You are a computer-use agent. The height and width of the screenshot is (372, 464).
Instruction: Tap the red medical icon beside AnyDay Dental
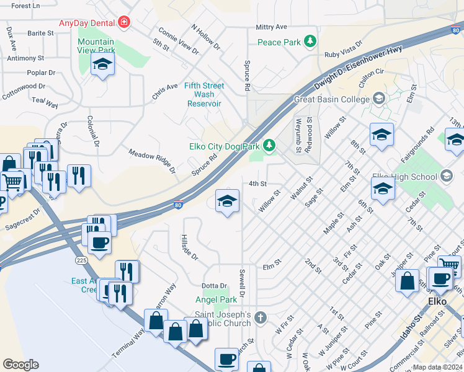125,22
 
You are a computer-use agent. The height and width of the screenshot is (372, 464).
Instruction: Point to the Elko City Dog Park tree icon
269,146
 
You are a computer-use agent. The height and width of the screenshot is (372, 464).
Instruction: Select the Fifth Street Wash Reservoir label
204,95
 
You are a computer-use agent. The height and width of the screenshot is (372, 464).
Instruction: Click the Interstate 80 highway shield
178,205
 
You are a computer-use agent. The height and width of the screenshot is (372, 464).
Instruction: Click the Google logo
20,365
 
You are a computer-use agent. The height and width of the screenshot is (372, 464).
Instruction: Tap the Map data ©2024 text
437,367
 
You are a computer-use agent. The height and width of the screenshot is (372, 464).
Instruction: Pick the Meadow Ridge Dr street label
152,161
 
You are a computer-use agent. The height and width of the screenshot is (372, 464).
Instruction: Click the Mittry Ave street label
272,27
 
